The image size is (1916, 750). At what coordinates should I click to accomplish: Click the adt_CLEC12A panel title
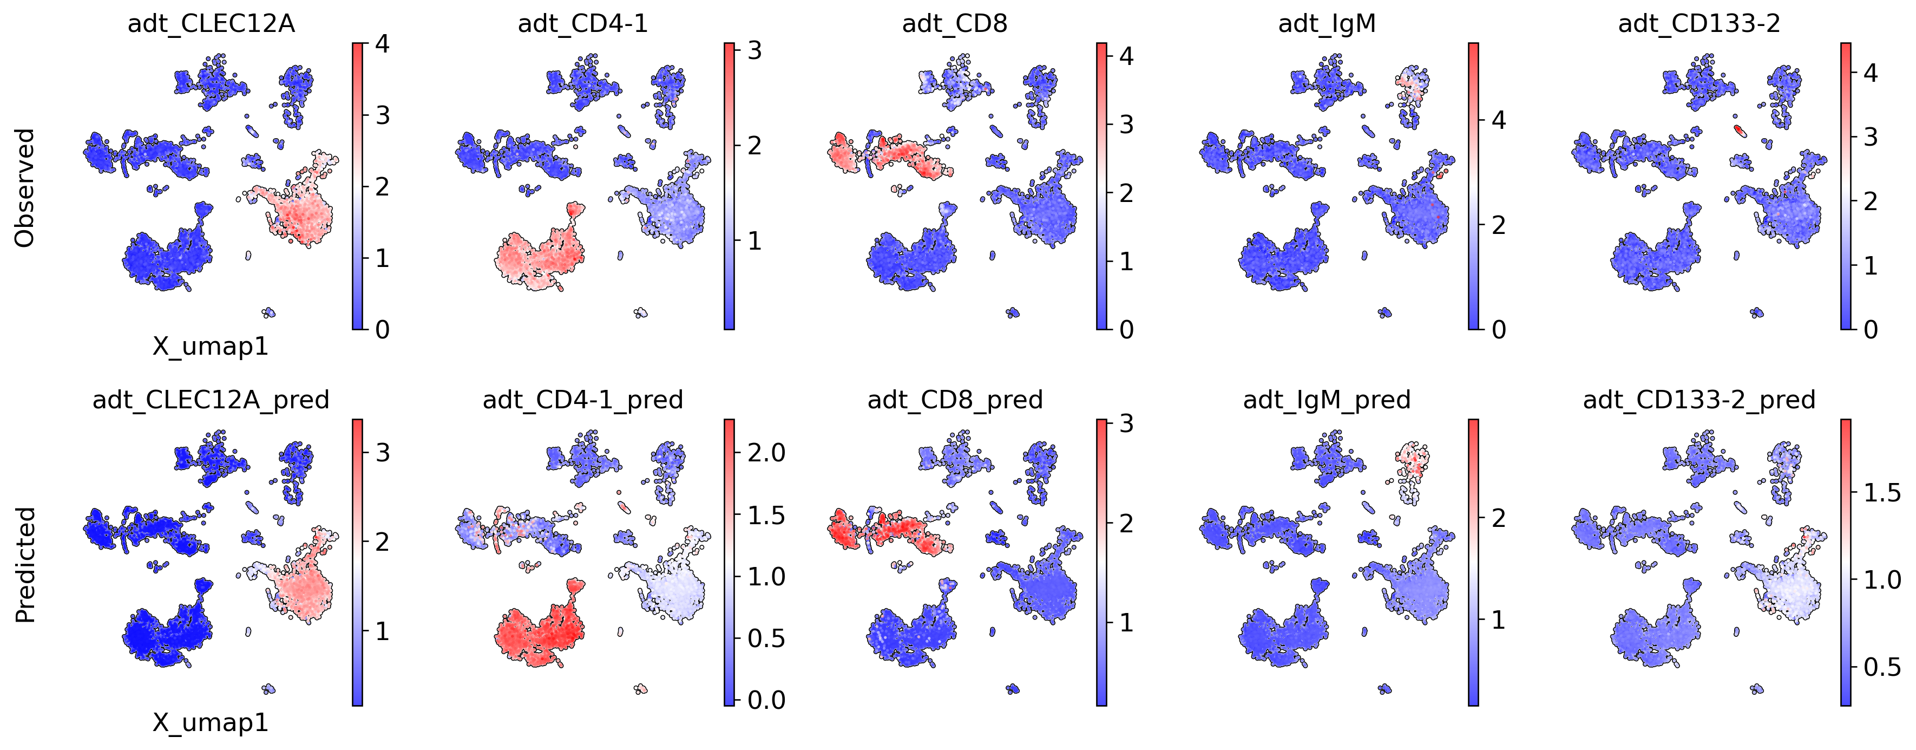tap(211, 24)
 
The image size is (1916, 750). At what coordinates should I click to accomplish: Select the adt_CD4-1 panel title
tap(583, 24)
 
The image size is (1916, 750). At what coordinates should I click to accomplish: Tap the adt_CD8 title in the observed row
tap(955, 24)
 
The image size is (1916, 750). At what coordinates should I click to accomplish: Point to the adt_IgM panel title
tap(1327, 24)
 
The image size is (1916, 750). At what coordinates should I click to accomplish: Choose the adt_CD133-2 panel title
tap(1700, 24)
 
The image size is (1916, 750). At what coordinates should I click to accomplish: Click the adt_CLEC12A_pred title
tap(211, 400)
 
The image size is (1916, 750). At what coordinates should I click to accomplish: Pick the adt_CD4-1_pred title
tap(583, 400)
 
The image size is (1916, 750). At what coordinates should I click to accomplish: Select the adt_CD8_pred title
tap(955, 400)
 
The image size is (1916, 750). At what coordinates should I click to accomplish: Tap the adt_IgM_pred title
tap(1327, 400)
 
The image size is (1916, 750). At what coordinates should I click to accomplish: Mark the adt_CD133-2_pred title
tap(1700, 400)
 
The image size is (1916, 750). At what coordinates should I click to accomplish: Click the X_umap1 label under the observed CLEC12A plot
tap(211, 347)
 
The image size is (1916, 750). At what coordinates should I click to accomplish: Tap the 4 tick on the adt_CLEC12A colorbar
tap(382, 44)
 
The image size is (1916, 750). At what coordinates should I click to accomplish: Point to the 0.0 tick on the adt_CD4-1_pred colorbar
tap(766, 700)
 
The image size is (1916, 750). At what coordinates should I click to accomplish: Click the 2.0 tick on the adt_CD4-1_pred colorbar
tap(766, 452)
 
